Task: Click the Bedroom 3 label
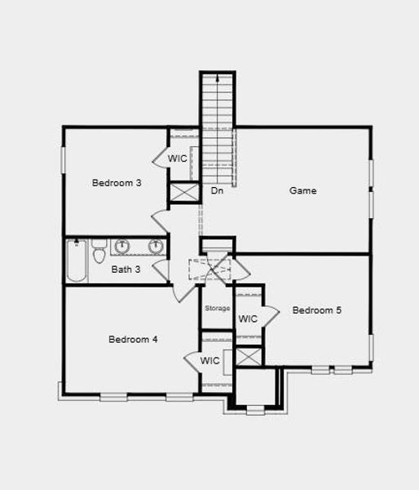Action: (117, 183)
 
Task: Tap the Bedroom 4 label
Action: (133, 339)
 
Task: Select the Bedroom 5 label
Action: (317, 310)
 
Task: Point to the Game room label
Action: (303, 191)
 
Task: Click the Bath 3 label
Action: (126, 269)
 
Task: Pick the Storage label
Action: (217, 308)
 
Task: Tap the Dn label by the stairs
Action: (217, 191)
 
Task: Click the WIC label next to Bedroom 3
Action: (178, 158)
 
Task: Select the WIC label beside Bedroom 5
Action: (248, 318)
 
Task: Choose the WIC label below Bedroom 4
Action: (209, 360)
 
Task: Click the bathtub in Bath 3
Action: (77, 261)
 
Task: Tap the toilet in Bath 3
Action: (99, 252)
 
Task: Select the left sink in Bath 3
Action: (122, 246)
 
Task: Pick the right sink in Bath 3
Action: (155, 246)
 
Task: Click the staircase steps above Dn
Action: (218, 122)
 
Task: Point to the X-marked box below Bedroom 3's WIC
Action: (183, 194)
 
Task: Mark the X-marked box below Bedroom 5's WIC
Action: (249, 357)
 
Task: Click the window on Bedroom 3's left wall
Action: (64, 159)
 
